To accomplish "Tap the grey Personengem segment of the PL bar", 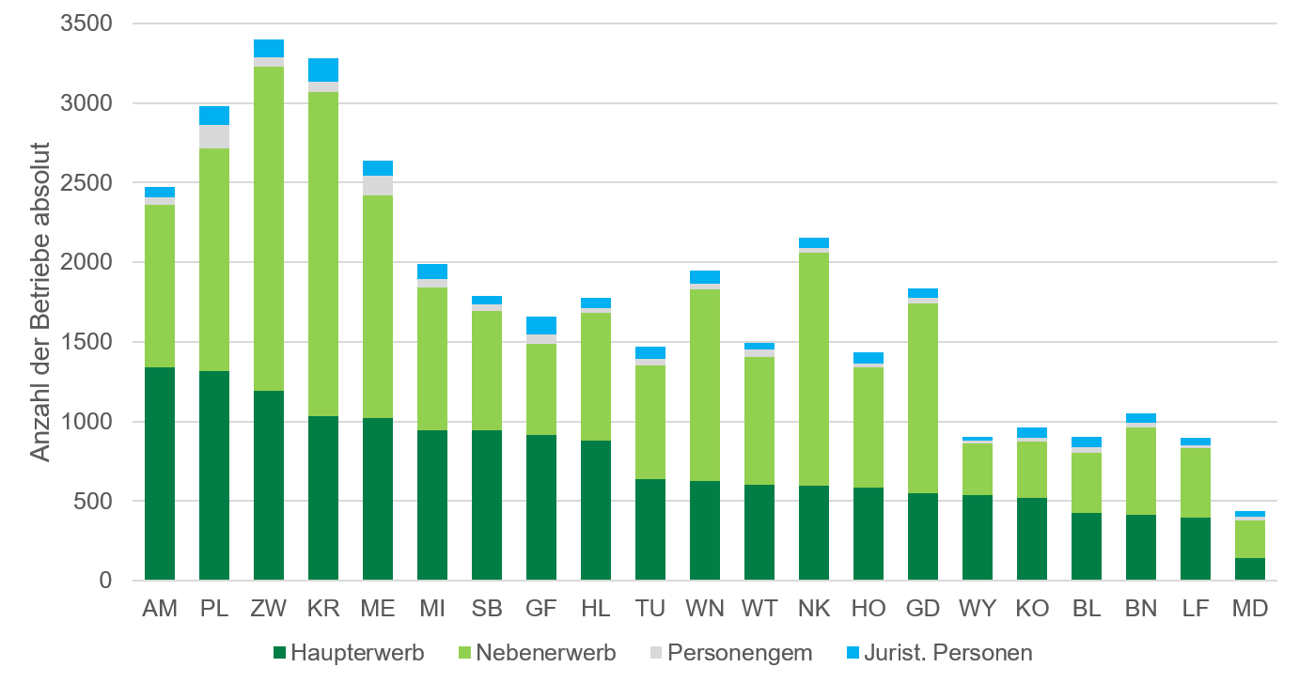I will coord(214,136).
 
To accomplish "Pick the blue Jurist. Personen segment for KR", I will coord(323,70).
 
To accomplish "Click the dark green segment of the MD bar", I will coord(1250,569).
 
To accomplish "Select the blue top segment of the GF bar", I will coord(541,325).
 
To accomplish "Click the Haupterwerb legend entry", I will coord(349,652).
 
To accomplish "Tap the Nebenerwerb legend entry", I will coord(536,652).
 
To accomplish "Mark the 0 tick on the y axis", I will coord(105,581).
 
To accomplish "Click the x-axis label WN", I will coord(705,609).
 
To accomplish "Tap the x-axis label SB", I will coord(487,609).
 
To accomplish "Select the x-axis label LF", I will coord(1196,609).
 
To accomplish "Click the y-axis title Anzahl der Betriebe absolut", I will coord(39,301).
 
